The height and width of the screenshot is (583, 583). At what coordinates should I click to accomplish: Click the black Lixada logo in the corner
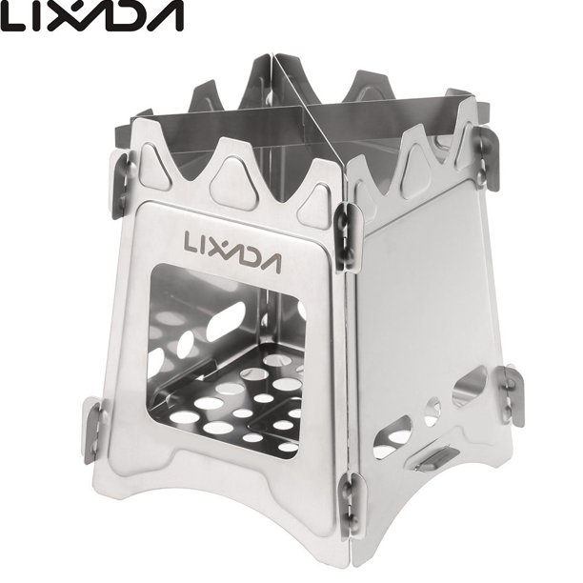coord(91,16)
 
